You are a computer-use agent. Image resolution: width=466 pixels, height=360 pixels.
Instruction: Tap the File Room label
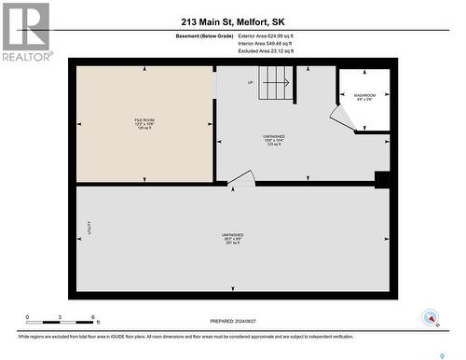(144, 123)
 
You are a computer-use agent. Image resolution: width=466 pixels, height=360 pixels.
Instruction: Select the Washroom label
(364, 97)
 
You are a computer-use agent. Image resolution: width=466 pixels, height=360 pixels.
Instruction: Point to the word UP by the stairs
(250, 83)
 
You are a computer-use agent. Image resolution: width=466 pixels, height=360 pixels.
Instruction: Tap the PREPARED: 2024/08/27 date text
(232, 319)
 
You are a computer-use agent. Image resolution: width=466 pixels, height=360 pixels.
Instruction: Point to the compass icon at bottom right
(431, 317)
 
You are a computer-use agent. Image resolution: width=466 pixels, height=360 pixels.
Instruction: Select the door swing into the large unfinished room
(241, 178)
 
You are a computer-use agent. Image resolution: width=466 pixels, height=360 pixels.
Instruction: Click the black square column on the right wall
(380, 179)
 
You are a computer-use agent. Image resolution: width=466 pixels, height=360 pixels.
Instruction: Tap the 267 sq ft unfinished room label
(232, 238)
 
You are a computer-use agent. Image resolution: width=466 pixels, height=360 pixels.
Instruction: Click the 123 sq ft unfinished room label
(273, 140)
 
